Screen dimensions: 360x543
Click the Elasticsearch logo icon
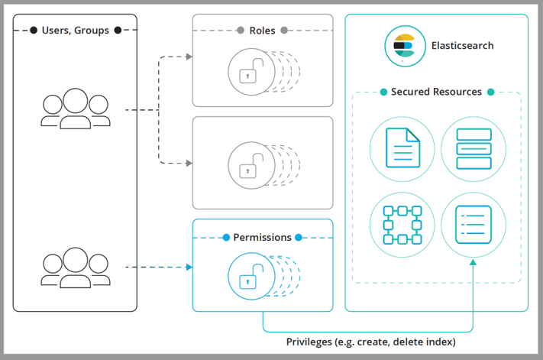403,45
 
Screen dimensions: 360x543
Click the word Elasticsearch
462,46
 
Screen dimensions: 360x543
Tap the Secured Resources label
436,92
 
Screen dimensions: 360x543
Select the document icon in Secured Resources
402,148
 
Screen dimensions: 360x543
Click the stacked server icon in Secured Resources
473,148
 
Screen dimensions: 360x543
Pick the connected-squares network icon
402,224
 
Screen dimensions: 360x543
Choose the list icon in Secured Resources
473,224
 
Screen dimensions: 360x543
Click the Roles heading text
262,31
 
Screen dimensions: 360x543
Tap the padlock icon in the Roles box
248,72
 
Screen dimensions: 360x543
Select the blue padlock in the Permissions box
248,277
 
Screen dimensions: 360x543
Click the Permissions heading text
262,238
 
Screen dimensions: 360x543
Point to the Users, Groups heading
75,31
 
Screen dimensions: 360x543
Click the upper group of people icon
75,109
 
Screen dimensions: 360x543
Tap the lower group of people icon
75,268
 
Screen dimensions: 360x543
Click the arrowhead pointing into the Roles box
188,57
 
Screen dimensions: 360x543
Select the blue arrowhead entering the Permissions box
188,268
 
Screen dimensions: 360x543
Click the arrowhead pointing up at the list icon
473,264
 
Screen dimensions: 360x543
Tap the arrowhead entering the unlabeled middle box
188,163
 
